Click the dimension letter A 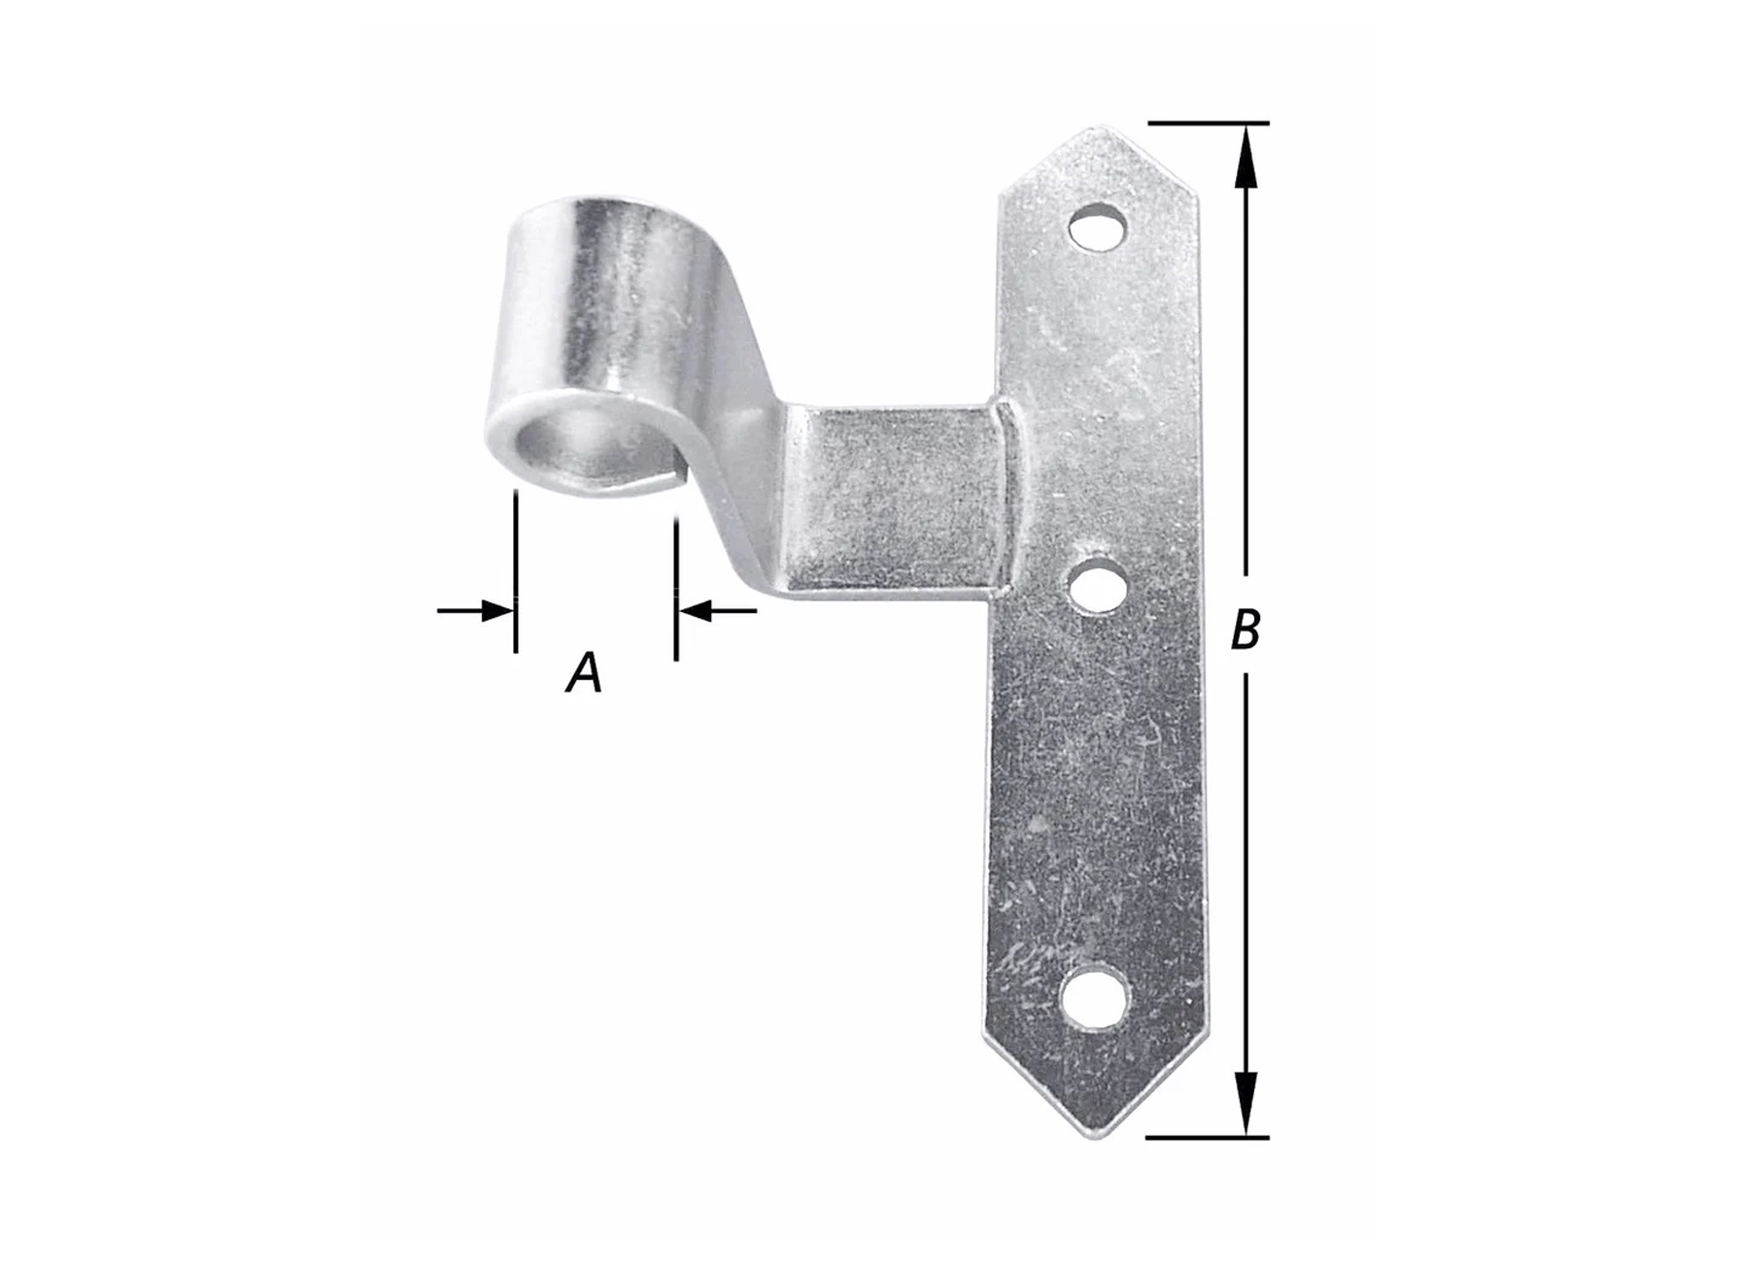point(584,672)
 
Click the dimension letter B point(1246,629)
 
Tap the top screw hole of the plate point(1098,228)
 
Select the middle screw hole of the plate point(1096,585)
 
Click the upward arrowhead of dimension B point(1247,165)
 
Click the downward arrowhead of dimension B point(1247,1099)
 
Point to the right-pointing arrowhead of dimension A point(496,611)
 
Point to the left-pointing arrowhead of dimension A point(696,611)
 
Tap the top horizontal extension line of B point(1208,123)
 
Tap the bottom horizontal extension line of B point(1208,1137)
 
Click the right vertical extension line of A point(675,583)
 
